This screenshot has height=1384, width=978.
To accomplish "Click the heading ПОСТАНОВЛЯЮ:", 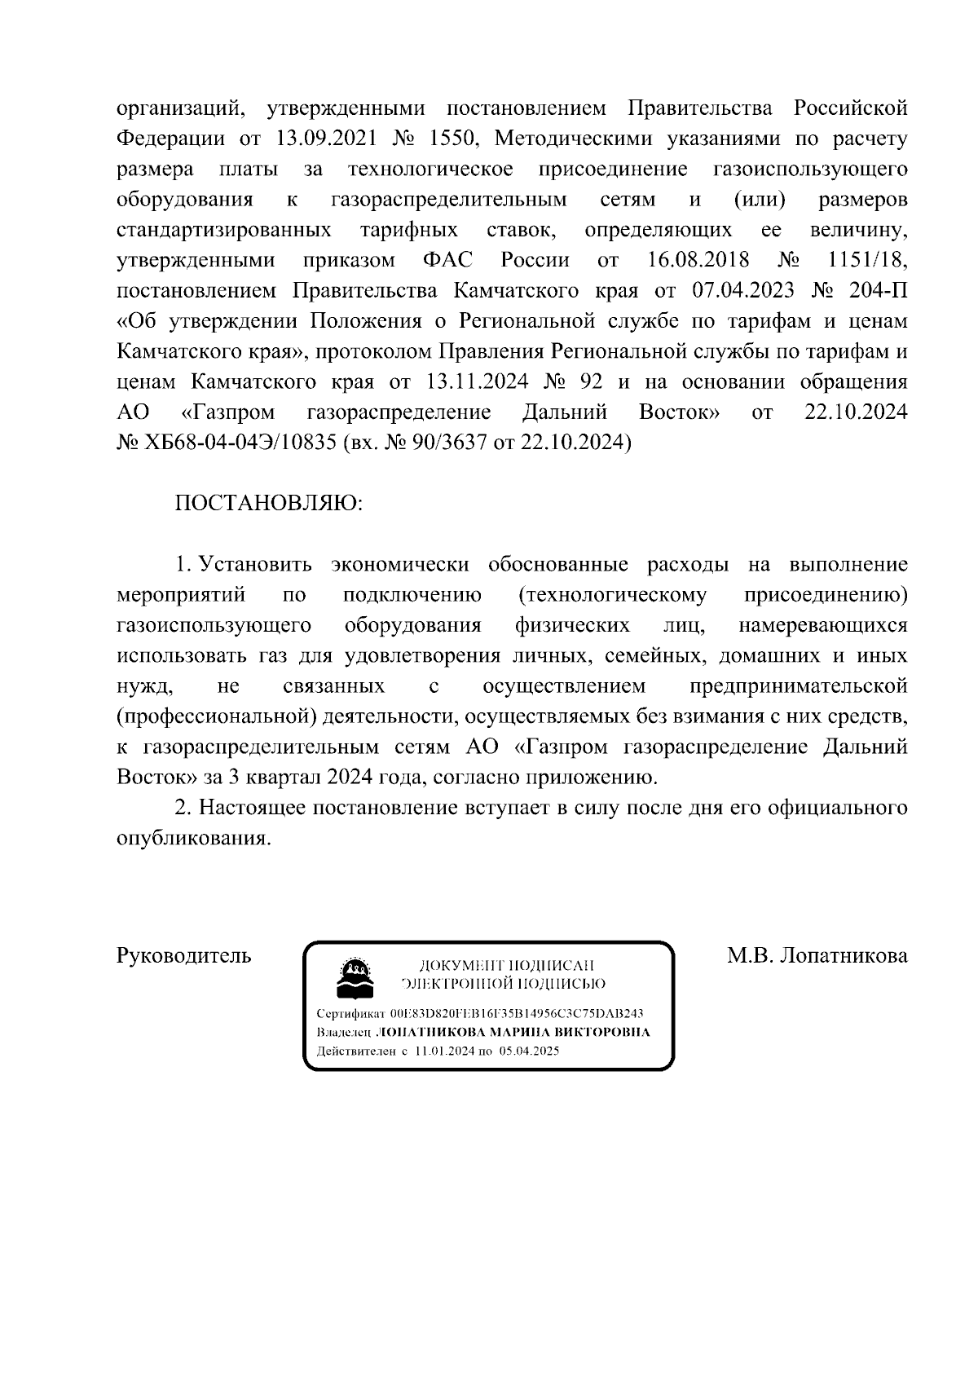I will click(x=269, y=503).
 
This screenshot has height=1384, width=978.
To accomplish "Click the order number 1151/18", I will click(x=866, y=260).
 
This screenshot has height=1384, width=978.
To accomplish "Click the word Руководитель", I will click(x=184, y=955).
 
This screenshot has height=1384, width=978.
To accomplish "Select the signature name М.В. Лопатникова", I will click(x=817, y=955).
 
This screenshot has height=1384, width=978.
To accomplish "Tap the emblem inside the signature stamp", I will click(x=355, y=977).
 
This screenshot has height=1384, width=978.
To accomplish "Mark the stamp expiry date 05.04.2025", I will click(x=530, y=1051).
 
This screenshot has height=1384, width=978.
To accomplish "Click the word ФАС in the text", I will click(x=448, y=260).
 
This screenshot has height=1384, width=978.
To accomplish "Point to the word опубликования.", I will click(x=193, y=839).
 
